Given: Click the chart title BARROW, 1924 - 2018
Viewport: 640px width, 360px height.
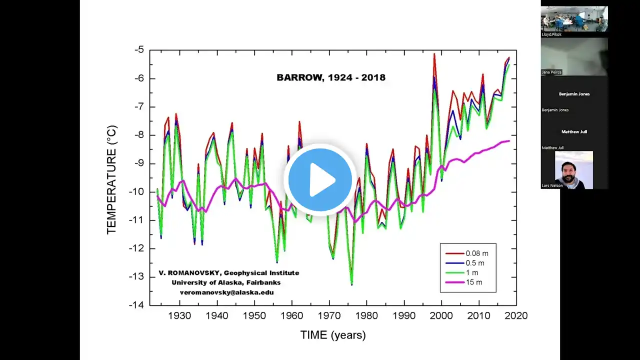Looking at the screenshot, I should point(331,77).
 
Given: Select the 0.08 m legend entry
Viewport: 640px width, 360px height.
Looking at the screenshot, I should point(476,253).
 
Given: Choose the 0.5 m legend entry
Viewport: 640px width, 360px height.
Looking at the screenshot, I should point(474,263).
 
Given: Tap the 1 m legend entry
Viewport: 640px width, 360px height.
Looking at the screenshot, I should point(472,272).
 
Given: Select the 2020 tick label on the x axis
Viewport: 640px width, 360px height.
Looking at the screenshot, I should point(516,316).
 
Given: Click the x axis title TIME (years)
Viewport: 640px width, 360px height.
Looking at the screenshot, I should point(333,335).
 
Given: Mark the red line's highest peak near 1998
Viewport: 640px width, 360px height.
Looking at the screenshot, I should point(434,54).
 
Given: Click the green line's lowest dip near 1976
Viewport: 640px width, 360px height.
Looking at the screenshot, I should point(351,284).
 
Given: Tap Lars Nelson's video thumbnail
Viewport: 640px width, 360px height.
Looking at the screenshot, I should point(574,170).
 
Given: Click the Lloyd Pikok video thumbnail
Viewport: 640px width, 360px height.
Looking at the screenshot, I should point(574,19).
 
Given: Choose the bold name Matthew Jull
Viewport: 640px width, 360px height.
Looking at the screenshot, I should point(574,131).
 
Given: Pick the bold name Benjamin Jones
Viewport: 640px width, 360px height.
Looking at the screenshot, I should point(574,94).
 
